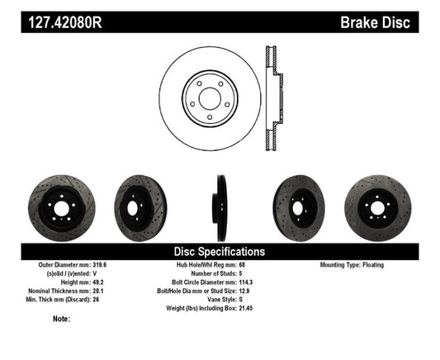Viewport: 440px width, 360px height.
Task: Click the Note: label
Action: (x=61, y=318)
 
